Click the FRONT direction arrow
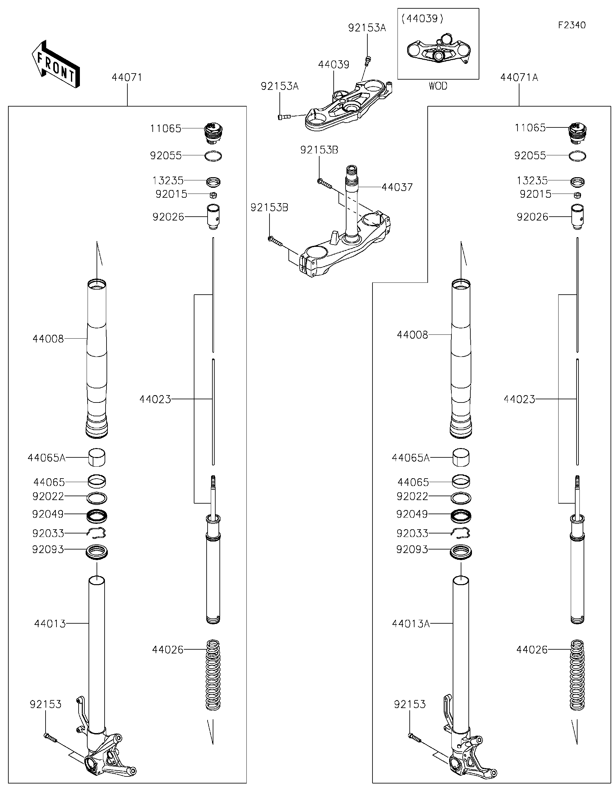tap(56, 65)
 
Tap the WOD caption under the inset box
tap(438, 86)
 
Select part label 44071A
tap(519, 77)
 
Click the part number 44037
tap(397, 187)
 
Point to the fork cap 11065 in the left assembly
tap(213, 133)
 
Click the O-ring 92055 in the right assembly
tap(577, 156)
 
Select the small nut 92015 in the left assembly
tap(214, 195)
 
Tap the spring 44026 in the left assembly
tap(213, 675)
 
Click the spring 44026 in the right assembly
tap(577, 675)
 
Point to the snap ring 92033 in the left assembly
tap(97, 533)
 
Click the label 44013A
tap(411, 624)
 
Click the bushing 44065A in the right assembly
tap(461, 457)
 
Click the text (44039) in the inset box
tap(422, 19)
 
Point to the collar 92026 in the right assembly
tap(577, 217)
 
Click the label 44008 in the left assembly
tap(48, 339)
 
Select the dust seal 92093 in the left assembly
tap(97, 551)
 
